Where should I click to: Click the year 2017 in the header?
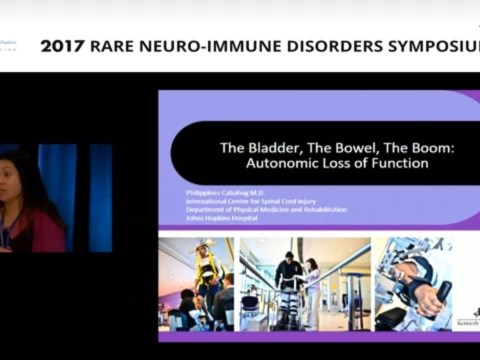coord(65,46)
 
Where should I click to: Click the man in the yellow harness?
coord(206,264)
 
